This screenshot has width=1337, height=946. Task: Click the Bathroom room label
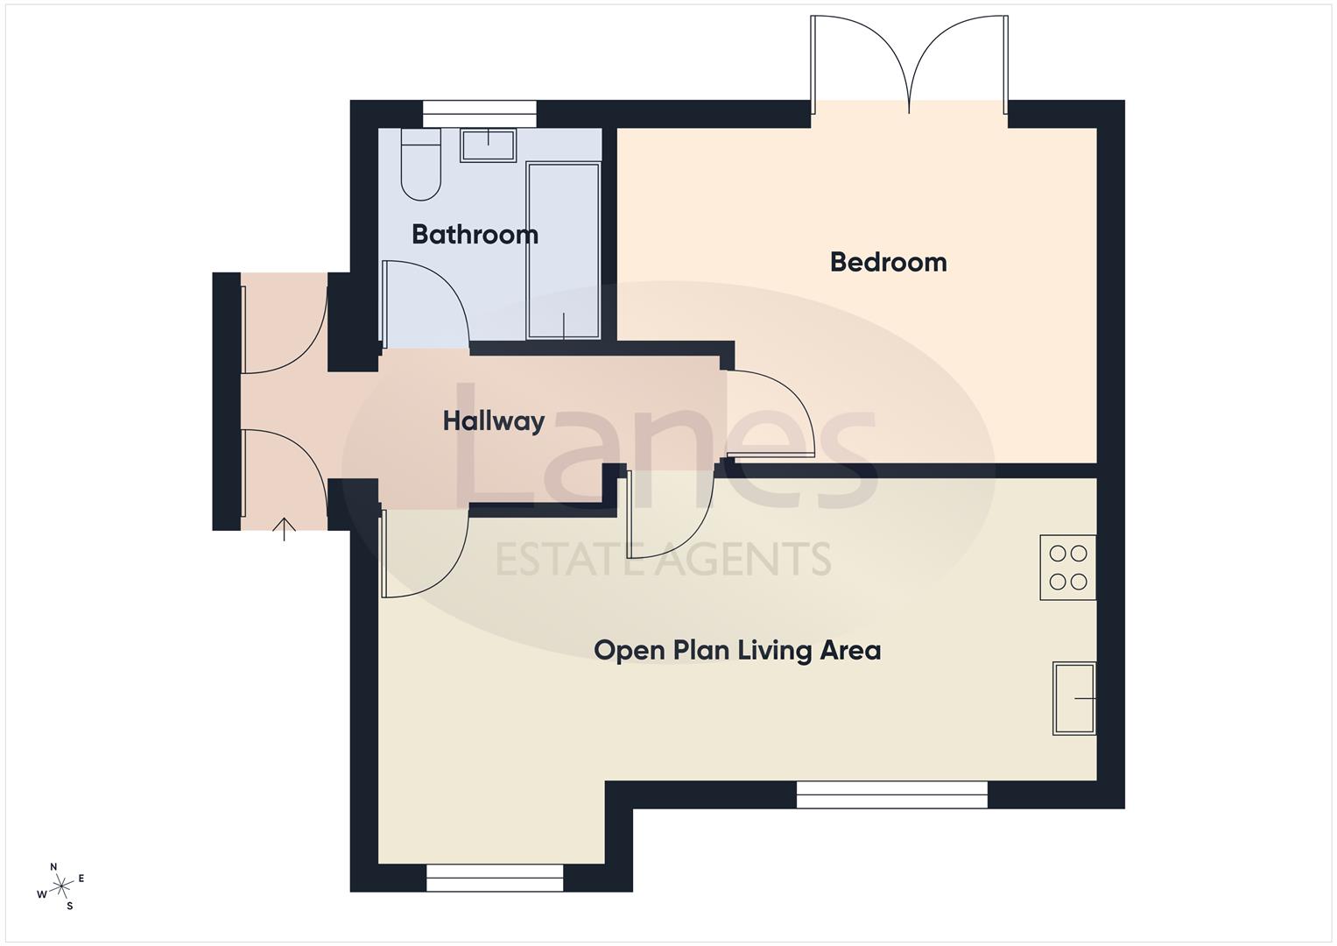475,234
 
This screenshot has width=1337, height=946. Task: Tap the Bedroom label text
888,262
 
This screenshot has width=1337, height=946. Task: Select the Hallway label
494,421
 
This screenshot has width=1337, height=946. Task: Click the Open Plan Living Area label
737,650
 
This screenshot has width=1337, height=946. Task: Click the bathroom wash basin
488,145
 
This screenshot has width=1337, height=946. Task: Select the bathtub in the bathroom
563,251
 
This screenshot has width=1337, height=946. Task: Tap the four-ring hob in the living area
1068,567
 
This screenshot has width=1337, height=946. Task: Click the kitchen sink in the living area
1074,698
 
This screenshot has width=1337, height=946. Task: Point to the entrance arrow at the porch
284,528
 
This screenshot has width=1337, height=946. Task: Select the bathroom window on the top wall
479,114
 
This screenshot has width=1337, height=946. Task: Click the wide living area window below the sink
891,794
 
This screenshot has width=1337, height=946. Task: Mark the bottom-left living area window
495,878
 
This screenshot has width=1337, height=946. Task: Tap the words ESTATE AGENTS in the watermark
663,559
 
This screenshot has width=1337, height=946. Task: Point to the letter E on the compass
81,878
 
